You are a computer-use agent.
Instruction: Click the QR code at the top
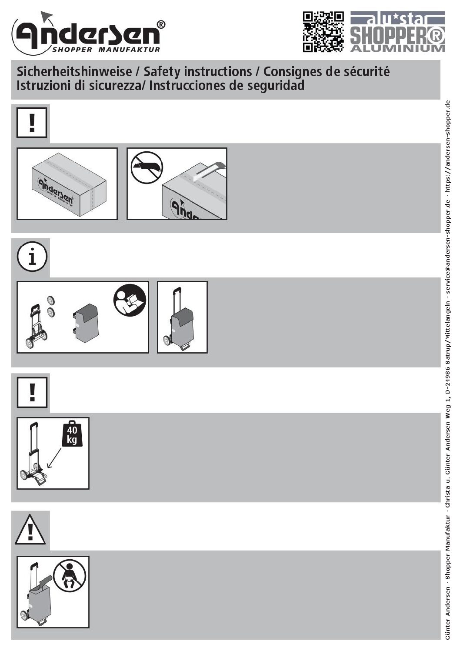pyautogui.click(x=323, y=32)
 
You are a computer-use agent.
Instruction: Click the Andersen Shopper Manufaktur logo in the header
pyautogui.click(x=88, y=33)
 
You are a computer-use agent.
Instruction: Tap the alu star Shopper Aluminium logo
pyautogui.click(x=397, y=32)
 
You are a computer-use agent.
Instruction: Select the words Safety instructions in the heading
pyautogui.click(x=198, y=71)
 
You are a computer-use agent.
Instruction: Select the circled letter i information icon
pyautogui.click(x=32, y=257)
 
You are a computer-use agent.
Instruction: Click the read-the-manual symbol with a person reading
pyautogui.click(x=130, y=300)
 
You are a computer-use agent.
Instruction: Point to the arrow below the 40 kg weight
pyautogui.click(x=54, y=458)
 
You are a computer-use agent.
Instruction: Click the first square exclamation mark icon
pyautogui.click(x=32, y=122)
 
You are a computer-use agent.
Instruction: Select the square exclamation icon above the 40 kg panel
pyautogui.click(x=32, y=392)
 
